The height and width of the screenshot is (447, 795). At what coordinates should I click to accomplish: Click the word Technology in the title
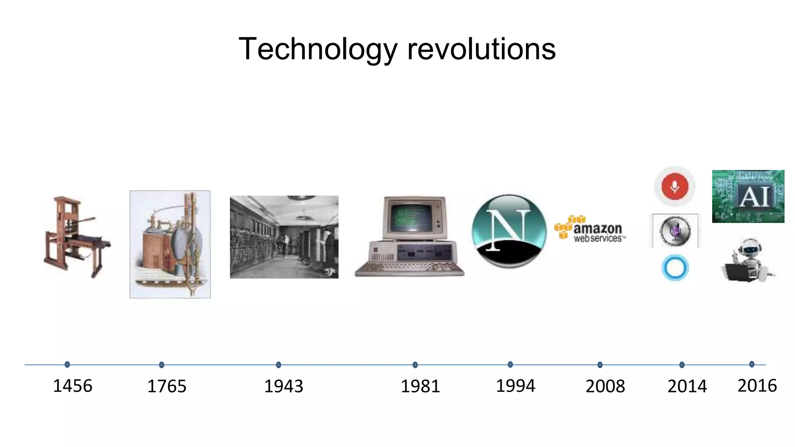(318, 49)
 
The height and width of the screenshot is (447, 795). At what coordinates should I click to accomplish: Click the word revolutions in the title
(481, 49)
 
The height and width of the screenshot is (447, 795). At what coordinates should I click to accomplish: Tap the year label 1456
(73, 386)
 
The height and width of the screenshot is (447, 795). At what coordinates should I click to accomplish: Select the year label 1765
(167, 386)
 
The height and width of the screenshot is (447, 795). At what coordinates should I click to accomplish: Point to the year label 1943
(284, 386)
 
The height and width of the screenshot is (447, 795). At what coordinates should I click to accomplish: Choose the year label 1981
(420, 386)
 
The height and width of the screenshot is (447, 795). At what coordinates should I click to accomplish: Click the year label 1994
(516, 386)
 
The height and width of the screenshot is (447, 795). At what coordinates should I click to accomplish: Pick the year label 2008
(606, 386)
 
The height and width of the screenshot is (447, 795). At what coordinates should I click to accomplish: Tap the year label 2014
(687, 386)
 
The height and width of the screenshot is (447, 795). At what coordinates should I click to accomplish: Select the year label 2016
(757, 386)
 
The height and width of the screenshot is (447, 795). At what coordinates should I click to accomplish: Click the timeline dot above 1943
(278, 365)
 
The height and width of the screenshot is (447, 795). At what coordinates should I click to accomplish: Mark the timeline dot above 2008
(600, 365)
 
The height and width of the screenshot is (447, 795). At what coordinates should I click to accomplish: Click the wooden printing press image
(76, 237)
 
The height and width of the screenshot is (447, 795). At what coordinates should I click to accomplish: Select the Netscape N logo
(509, 231)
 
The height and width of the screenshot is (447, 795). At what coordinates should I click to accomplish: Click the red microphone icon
(675, 187)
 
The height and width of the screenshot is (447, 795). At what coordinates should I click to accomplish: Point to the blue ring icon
(675, 268)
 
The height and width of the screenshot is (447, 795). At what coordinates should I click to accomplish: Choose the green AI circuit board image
(748, 196)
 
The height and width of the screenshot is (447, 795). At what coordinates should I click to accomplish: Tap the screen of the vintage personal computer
(411, 217)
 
